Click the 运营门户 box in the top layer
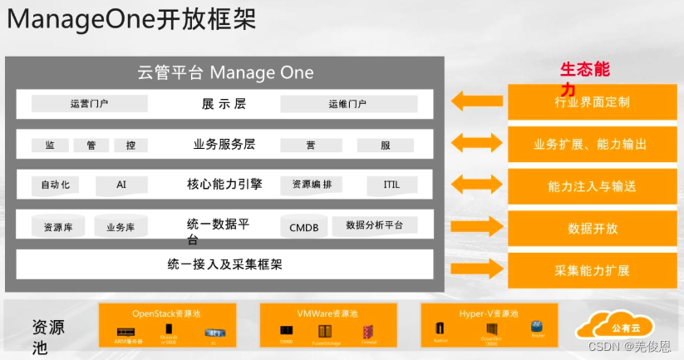[90, 104]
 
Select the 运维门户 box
[347, 104]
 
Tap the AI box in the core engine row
[121, 185]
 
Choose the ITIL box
[391, 185]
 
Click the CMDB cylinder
[303, 226]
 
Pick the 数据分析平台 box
[375, 225]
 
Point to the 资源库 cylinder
[57, 226]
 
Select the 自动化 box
[55, 185]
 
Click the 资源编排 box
[312, 185]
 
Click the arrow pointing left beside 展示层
[476, 101]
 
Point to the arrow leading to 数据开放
[476, 226]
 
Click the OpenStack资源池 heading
[166, 313]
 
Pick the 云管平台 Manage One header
[225, 72]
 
